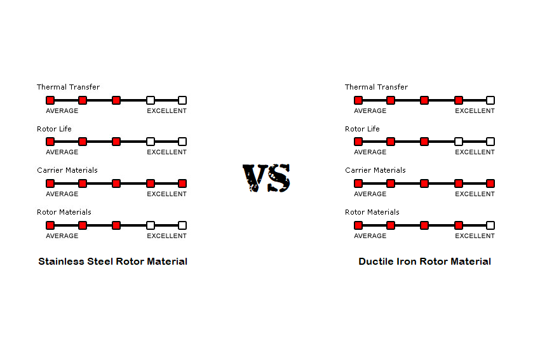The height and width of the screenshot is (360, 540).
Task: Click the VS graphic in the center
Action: [x=266, y=178]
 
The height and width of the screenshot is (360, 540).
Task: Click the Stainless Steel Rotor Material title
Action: [x=112, y=262]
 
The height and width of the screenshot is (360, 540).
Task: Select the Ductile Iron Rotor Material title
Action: [x=424, y=262]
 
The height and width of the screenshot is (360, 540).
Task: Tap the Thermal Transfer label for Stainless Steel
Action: [x=68, y=87]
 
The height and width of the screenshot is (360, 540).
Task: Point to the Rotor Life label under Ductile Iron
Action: [x=362, y=129]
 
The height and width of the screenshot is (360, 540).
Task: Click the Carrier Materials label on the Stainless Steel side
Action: [x=67, y=170]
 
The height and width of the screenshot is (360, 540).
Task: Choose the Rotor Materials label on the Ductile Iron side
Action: [x=372, y=212]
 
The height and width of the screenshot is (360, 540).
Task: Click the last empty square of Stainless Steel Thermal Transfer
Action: [x=182, y=100]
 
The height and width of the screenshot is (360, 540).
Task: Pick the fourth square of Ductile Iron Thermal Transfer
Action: [x=459, y=100]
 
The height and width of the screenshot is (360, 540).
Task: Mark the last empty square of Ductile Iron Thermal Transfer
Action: [x=490, y=100]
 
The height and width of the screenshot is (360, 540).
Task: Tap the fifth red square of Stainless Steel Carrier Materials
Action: [x=182, y=183]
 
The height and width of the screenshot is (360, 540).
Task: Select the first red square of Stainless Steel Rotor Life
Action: [x=50, y=142]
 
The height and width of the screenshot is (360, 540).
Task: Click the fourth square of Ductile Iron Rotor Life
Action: [x=459, y=142]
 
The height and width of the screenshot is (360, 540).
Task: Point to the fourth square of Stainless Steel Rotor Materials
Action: [x=151, y=225]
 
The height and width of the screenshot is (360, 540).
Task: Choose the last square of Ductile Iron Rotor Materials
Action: [x=490, y=225]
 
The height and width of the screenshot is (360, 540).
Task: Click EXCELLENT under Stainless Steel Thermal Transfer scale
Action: [x=166, y=111]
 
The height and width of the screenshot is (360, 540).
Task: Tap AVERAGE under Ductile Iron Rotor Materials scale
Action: [x=370, y=236]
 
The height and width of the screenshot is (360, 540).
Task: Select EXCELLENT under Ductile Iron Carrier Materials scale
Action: [x=475, y=194]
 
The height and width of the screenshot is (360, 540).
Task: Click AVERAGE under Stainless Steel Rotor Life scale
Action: [x=62, y=152]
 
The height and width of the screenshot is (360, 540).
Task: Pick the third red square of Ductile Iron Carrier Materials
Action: [x=424, y=183]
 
